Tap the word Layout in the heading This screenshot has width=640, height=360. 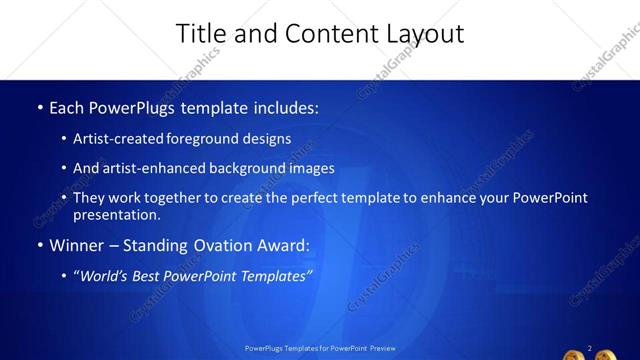tap(424, 34)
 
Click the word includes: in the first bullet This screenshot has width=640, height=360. tap(284, 107)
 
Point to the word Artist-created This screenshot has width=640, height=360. tap(119, 139)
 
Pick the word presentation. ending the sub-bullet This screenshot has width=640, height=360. tap(116, 214)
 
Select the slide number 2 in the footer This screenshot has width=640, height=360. tap(590, 348)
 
